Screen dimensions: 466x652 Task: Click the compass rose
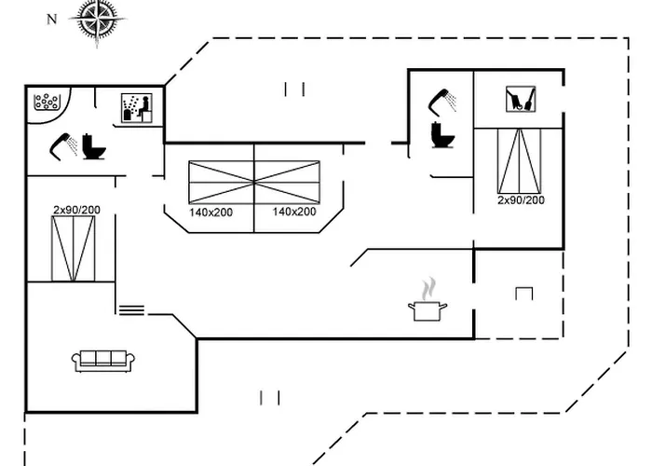point(98,19)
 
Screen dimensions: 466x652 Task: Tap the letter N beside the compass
point(52,19)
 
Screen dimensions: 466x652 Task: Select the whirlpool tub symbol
point(47,102)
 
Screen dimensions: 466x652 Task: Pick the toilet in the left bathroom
point(92,146)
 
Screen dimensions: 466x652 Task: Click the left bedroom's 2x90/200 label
point(76,210)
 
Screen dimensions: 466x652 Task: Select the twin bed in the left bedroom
point(74,248)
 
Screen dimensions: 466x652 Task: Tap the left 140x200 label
point(211,212)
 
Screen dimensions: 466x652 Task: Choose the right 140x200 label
point(294,212)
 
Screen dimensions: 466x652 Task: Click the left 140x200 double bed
point(222,183)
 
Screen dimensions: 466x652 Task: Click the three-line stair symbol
point(131,308)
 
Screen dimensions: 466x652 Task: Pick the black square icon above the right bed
point(520,99)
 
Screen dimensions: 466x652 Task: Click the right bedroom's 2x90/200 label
point(521,200)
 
